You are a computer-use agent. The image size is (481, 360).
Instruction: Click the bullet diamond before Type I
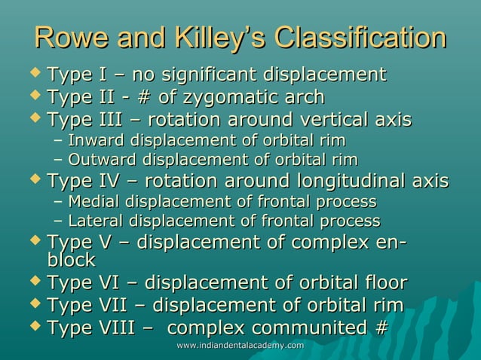pos(35,74)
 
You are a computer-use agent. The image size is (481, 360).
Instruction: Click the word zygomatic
pos(227,97)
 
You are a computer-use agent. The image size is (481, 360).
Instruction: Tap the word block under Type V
pos(70,261)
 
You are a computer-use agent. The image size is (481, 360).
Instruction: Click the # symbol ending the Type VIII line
pos(381,328)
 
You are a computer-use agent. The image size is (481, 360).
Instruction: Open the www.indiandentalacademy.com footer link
pos(240,345)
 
